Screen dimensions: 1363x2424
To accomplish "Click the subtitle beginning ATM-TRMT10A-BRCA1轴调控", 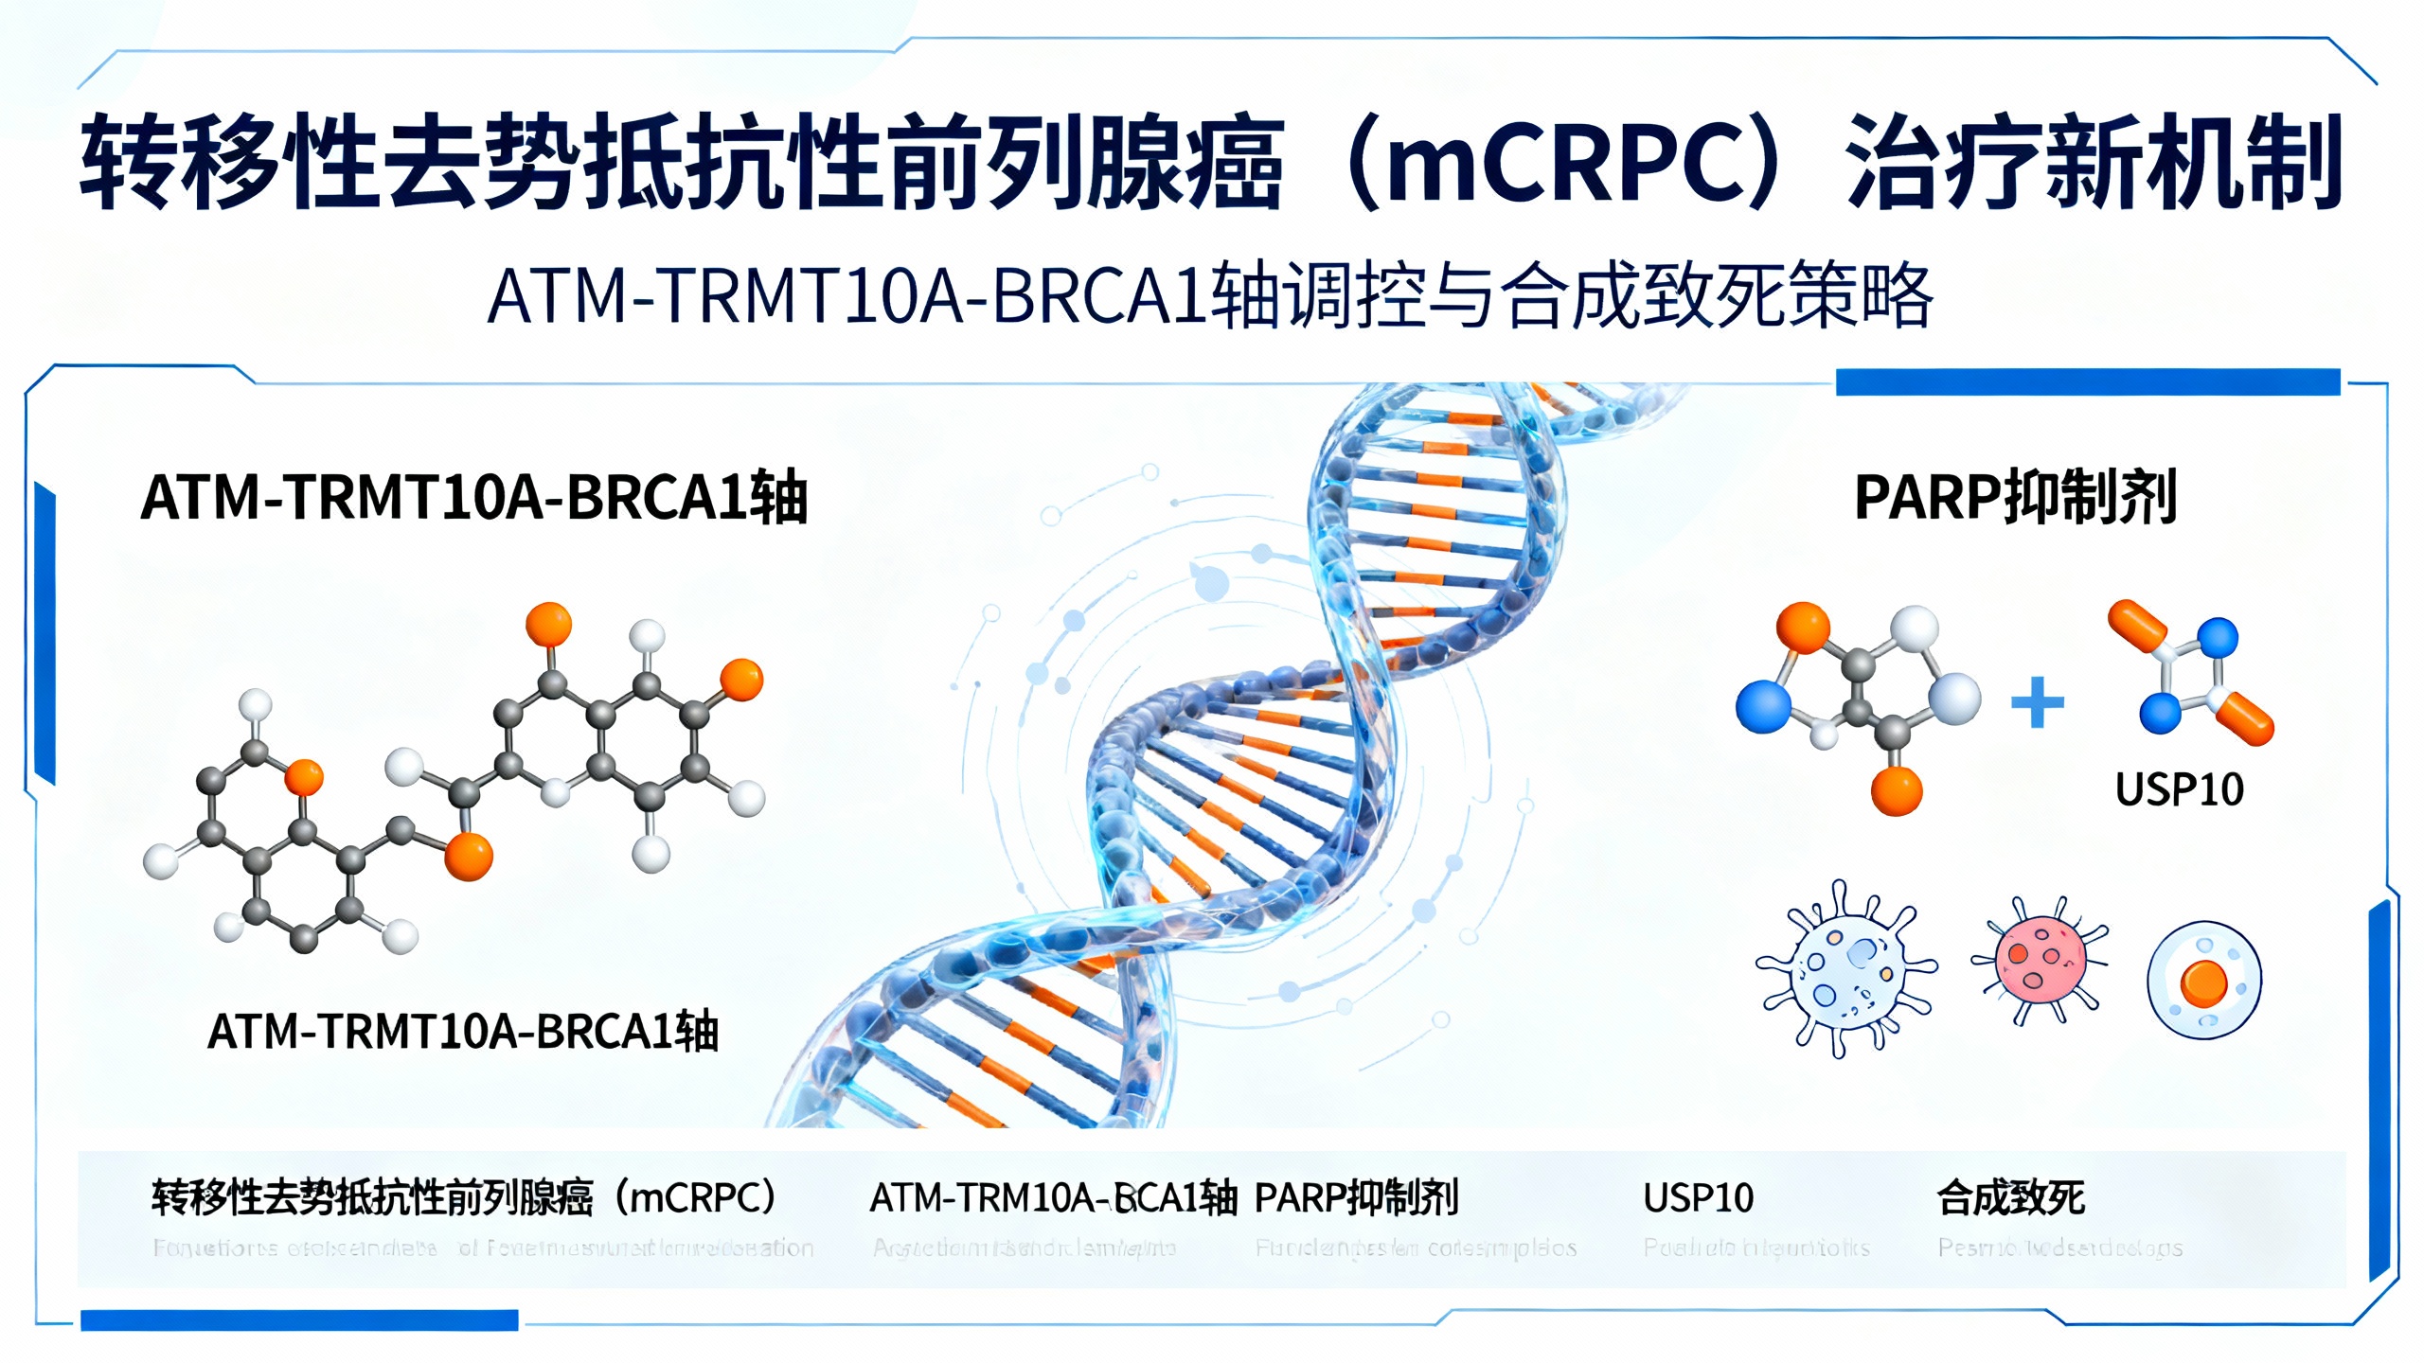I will pyautogui.click(x=1210, y=296).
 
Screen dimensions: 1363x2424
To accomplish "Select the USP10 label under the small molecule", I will pyautogui.click(x=2179, y=789).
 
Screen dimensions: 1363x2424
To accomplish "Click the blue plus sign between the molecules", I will pyautogui.click(x=2037, y=702).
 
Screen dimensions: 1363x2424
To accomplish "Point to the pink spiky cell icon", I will pyautogui.click(x=2040, y=959).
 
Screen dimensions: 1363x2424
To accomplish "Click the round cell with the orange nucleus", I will pyautogui.click(x=2203, y=981).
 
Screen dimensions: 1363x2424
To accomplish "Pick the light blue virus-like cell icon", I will pyautogui.click(x=1845, y=969).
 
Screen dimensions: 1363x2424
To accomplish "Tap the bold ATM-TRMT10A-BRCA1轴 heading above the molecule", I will pyautogui.click(x=473, y=498).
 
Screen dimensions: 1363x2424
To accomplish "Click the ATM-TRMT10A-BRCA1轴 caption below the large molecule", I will pyautogui.click(x=463, y=1032).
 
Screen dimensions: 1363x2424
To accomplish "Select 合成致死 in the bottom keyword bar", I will pyautogui.click(x=2010, y=1198).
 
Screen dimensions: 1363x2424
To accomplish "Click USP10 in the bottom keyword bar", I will pyautogui.click(x=1698, y=1198).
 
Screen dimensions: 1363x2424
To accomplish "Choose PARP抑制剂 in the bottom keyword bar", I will pyautogui.click(x=1356, y=1198).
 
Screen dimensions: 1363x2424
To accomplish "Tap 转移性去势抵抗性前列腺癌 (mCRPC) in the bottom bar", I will pyautogui.click(x=464, y=1198).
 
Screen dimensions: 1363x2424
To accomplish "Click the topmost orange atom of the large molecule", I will pyautogui.click(x=548, y=624).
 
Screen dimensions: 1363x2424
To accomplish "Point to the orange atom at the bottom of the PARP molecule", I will pyautogui.click(x=1897, y=790).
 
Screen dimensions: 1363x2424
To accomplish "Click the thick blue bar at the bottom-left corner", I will pyautogui.click(x=299, y=1319).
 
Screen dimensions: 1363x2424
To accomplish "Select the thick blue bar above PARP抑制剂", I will pyautogui.click(x=2088, y=381).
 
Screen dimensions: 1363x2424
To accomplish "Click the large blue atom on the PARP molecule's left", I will pyautogui.click(x=1763, y=706).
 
